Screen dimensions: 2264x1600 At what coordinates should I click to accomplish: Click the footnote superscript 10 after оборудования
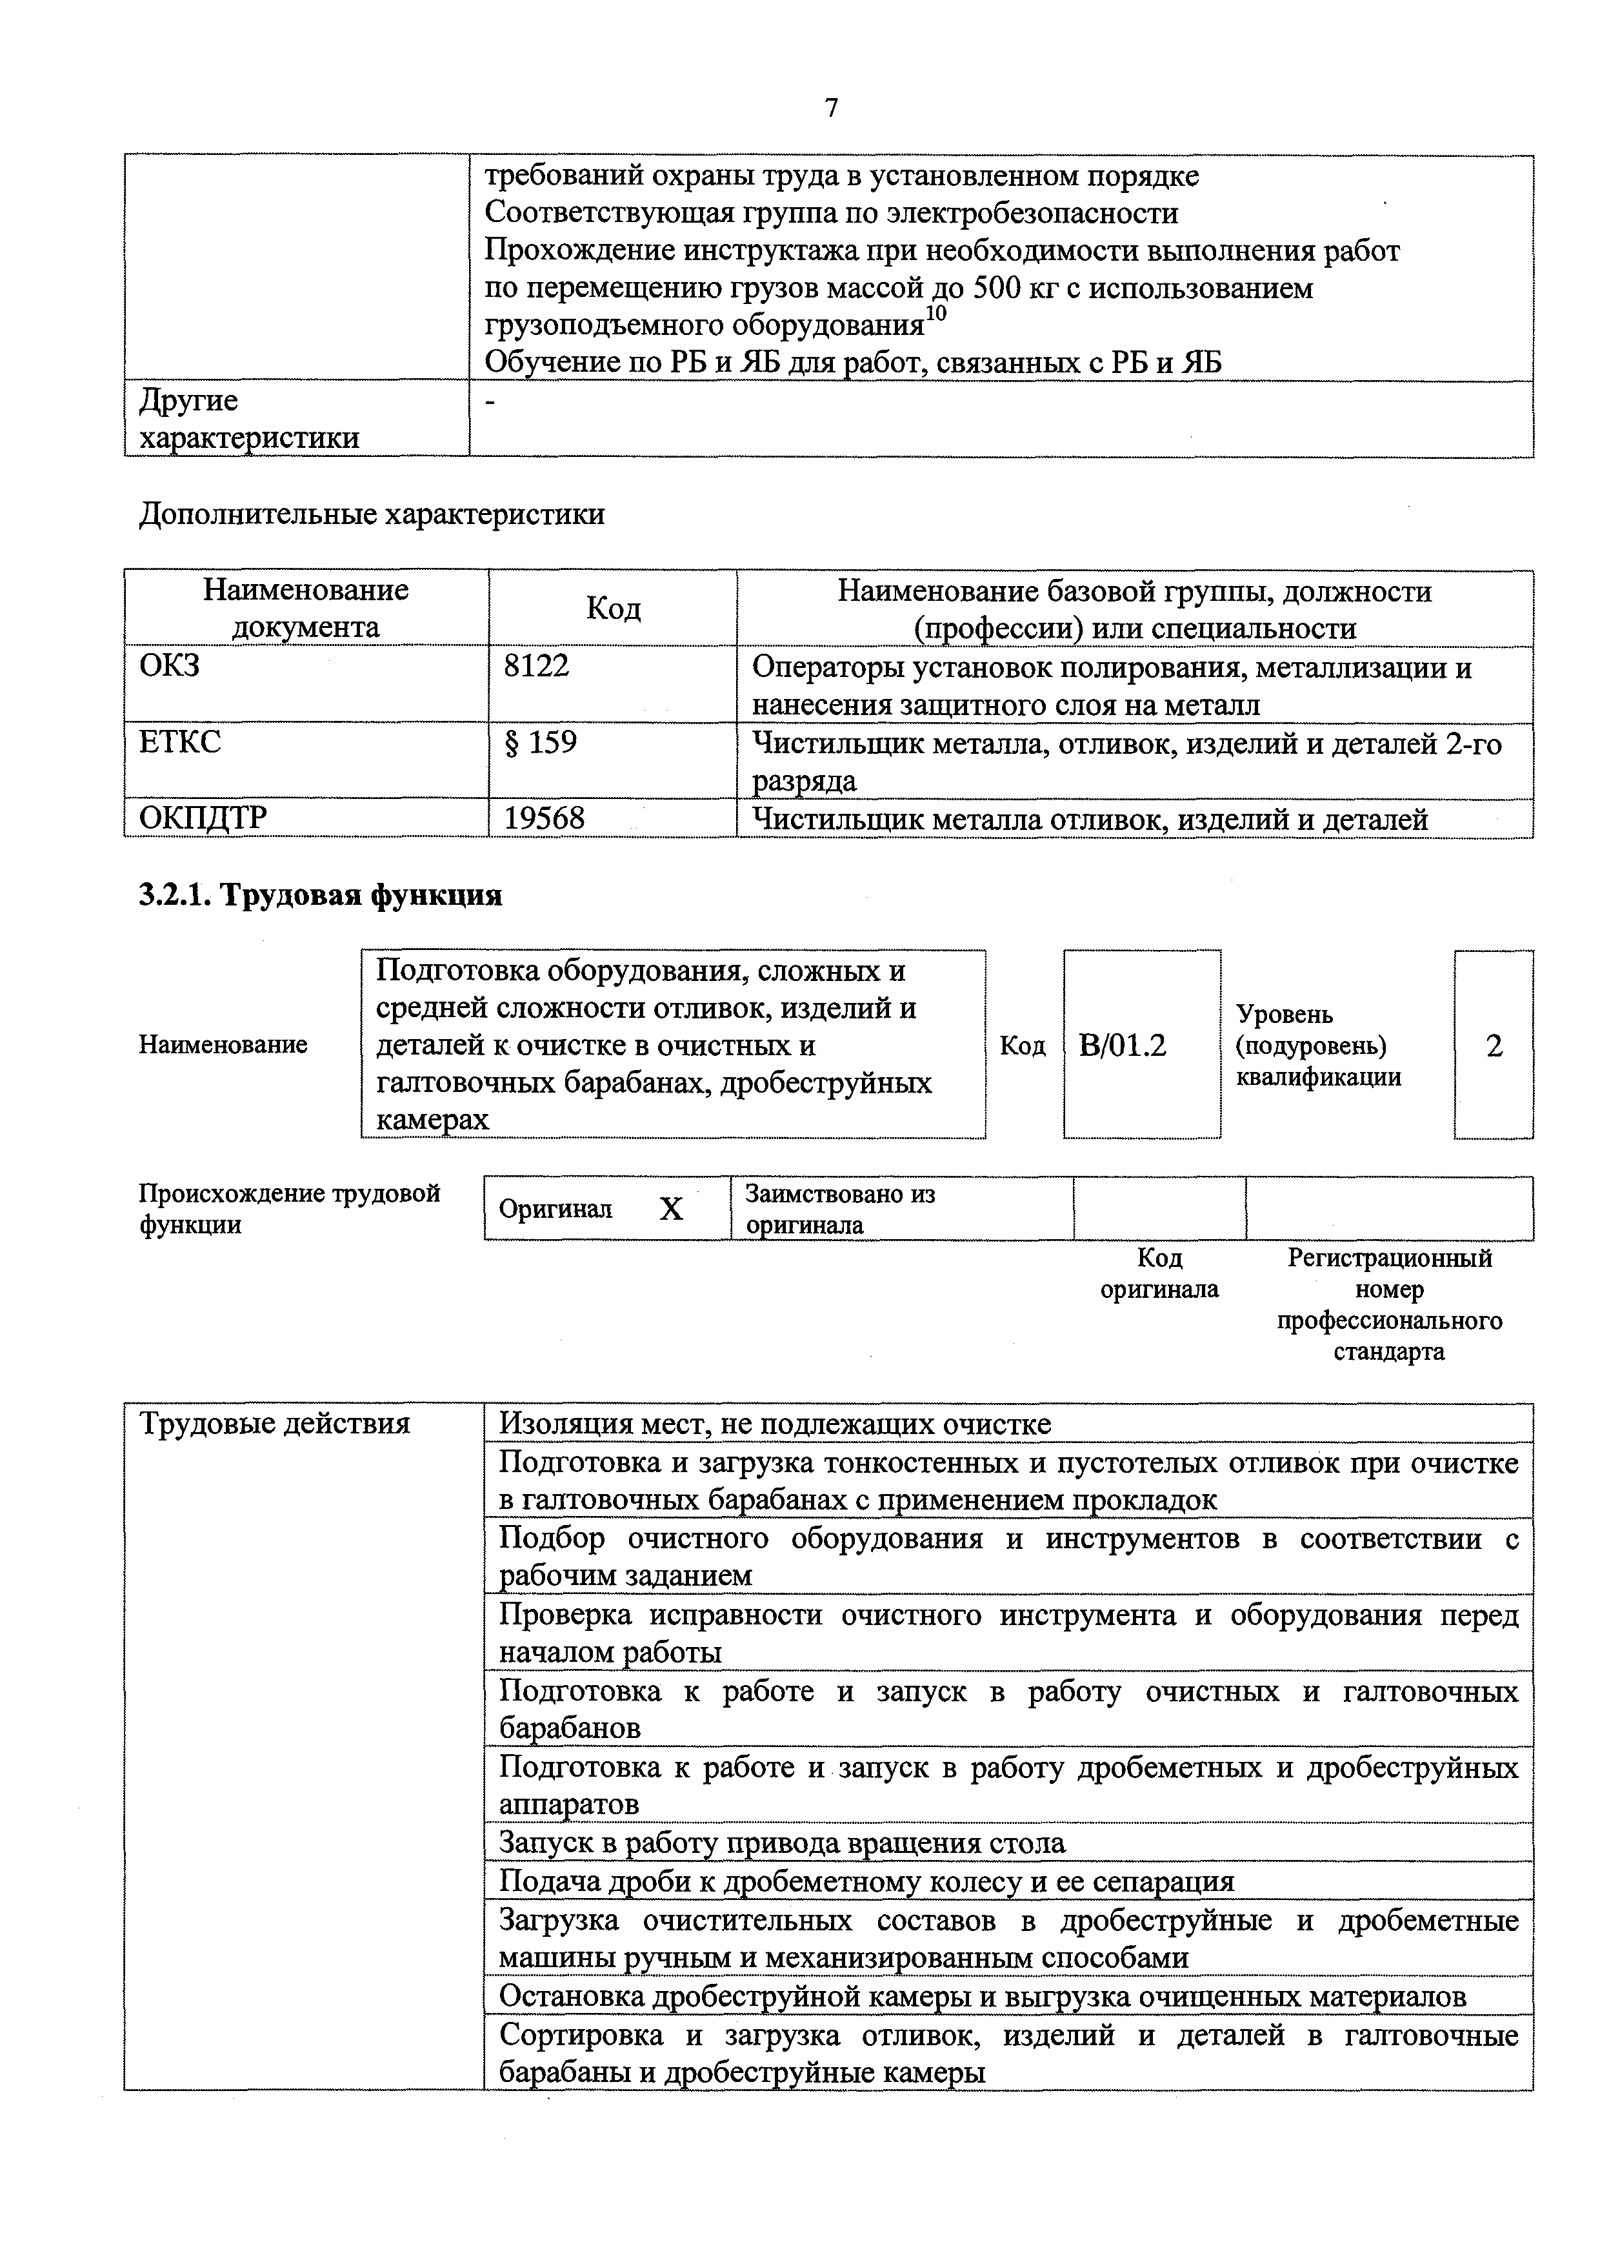(x=935, y=314)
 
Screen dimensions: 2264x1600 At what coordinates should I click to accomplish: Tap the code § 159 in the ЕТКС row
(x=540, y=742)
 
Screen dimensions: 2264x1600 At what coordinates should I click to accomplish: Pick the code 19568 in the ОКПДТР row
(x=544, y=818)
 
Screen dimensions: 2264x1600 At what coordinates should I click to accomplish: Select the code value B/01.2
(x=1122, y=1046)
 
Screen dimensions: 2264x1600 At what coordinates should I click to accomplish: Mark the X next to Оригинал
(x=672, y=1209)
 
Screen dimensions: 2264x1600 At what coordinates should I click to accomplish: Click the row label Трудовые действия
(x=274, y=1424)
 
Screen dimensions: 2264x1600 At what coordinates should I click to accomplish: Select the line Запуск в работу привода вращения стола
(x=782, y=1843)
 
